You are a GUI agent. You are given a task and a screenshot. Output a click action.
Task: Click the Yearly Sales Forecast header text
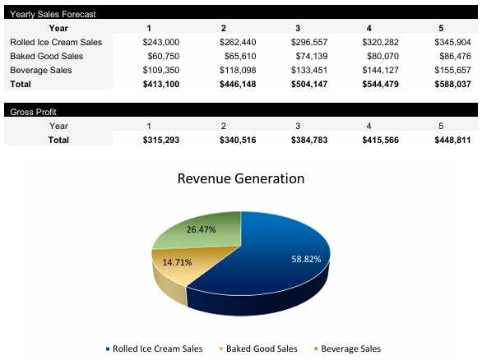pos(53,14)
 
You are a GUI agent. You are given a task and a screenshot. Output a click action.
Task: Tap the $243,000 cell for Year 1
pos(160,41)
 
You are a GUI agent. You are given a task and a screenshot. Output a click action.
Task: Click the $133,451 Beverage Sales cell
pos(308,70)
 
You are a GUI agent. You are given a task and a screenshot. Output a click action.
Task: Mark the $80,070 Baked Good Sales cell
pos(382,56)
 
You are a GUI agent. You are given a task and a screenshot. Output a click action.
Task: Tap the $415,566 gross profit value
pos(380,141)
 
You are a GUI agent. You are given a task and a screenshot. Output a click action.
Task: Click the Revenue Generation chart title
pos(241,178)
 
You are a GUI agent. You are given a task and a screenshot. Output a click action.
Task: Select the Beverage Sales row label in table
pos(41,70)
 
